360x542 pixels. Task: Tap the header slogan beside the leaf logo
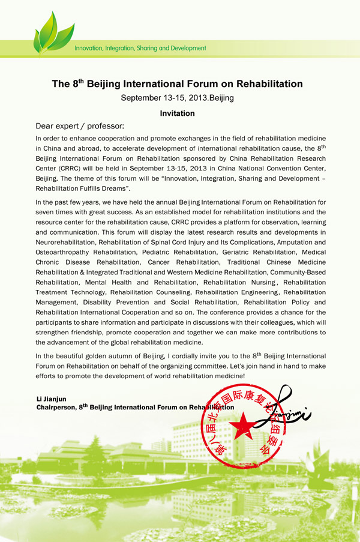pyautogui.click(x=140, y=48)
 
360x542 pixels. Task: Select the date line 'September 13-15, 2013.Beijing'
pyautogui.click(x=177, y=97)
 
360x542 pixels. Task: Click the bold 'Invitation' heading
pyautogui.click(x=177, y=113)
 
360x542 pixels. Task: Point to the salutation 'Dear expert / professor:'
pyautogui.click(x=80, y=126)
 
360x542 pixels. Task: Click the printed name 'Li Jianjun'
pyautogui.click(x=53, y=399)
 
